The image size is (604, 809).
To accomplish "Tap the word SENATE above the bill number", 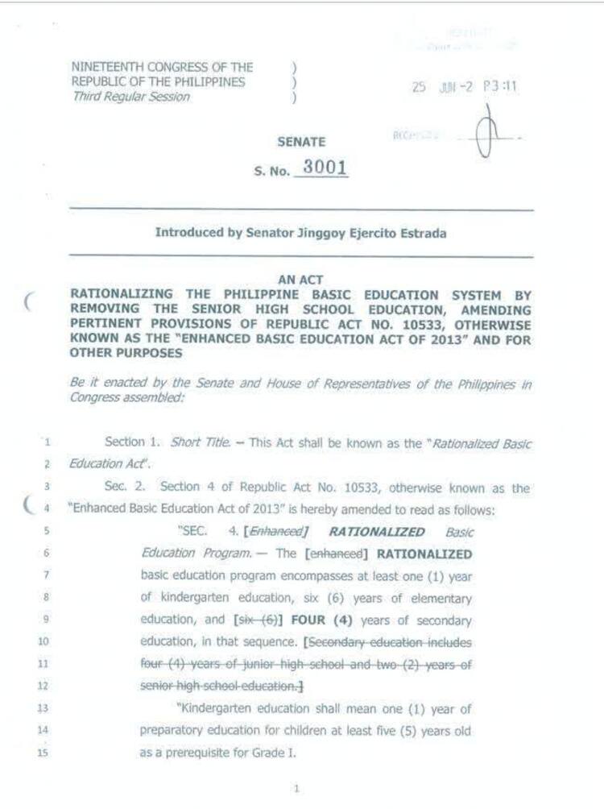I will point(301,142).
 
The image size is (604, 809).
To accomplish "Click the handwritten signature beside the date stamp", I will point(486,133).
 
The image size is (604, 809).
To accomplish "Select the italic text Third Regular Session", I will point(131,97).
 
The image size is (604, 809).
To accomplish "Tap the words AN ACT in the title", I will point(301,280).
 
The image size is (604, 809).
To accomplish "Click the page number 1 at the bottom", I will point(296,789).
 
